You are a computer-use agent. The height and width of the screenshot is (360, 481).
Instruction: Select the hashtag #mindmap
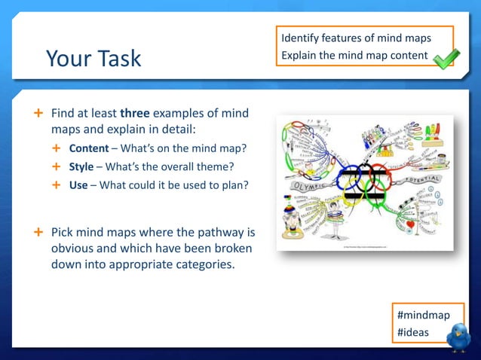(423, 315)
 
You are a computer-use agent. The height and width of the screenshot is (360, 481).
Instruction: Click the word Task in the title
(118, 59)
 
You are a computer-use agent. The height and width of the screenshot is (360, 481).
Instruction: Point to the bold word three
(135, 114)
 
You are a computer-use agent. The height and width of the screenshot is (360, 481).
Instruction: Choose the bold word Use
(78, 185)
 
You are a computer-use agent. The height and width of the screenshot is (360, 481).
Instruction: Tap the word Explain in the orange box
(299, 56)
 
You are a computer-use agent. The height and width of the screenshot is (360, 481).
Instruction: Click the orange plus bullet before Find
(37, 114)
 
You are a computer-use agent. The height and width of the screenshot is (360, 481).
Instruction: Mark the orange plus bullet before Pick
(37, 231)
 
